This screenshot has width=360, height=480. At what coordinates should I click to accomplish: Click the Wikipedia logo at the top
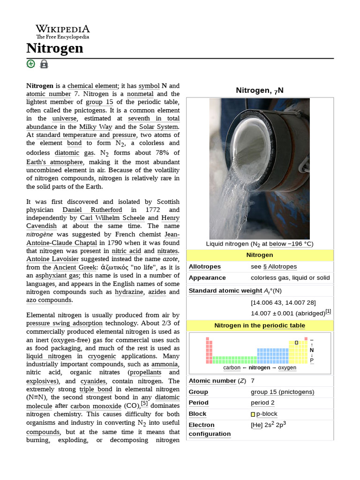(62, 32)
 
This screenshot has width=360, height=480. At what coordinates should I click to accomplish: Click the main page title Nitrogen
(55, 48)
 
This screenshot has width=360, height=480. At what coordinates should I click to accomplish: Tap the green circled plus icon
(31, 64)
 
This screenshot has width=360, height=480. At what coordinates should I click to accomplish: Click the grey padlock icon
(44, 64)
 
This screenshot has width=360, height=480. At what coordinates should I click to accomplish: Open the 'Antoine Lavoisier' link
(54, 259)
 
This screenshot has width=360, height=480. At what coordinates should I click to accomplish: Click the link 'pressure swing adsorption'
(64, 323)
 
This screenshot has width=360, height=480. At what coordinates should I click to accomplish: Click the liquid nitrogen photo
(259, 169)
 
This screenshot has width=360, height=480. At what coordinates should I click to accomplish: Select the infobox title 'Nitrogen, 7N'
(259, 90)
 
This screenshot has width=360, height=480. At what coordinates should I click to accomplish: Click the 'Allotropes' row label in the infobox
(204, 267)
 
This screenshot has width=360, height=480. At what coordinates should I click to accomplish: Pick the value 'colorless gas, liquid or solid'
(290, 277)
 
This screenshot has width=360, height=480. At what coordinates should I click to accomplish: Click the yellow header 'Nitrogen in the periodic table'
(259, 325)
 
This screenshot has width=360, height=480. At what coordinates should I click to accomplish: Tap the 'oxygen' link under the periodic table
(287, 368)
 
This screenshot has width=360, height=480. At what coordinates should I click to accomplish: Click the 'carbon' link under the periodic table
(232, 368)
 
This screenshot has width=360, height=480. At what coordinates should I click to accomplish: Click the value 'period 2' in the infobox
(262, 403)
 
